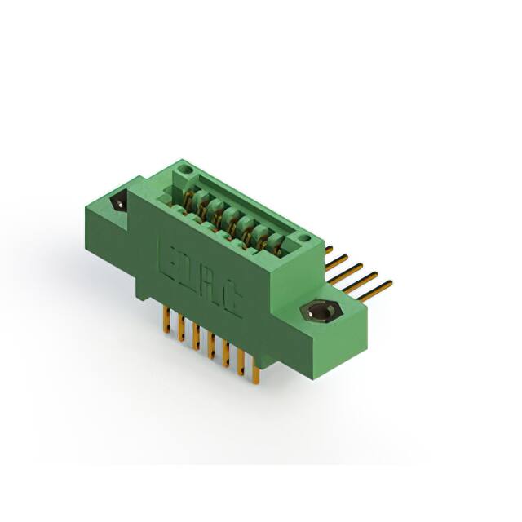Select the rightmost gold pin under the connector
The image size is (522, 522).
coord(256,374)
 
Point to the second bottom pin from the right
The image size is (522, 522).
coord(241,364)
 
